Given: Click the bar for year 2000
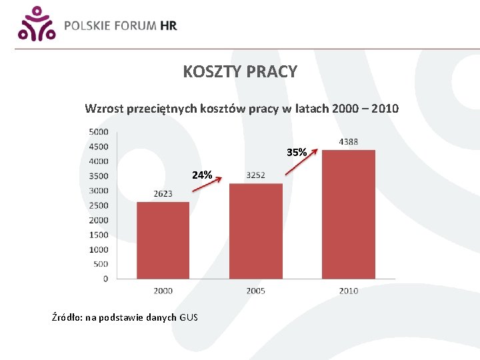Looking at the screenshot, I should click(x=163, y=240).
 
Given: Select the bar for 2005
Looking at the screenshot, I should click(x=256, y=231).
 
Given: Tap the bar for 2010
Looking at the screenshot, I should click(x=348, y=214).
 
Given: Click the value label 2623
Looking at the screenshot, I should click(x=163, y=193).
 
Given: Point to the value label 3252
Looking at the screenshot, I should click(x=255, y=175).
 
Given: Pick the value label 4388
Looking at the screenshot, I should click(x=348, y=141).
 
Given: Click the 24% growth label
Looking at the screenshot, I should click(x=202, y=175).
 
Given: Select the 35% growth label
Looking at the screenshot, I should click(x=297, y=153).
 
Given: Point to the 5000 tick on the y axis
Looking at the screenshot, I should click(x=98, y=132).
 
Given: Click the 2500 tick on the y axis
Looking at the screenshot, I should click(x=98, y=205).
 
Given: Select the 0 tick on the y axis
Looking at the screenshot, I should click(x=105, y=279).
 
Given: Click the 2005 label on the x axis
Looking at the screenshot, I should click(x=255, y=291).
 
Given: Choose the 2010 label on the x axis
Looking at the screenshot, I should click(x=348, y=291).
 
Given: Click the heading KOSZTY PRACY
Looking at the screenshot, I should click(x=240, y=72).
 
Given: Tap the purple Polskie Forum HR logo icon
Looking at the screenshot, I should click(x=35, y=24).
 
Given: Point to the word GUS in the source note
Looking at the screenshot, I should click(x=189, y=317).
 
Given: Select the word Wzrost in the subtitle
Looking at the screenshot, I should click(x=103, y=108).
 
